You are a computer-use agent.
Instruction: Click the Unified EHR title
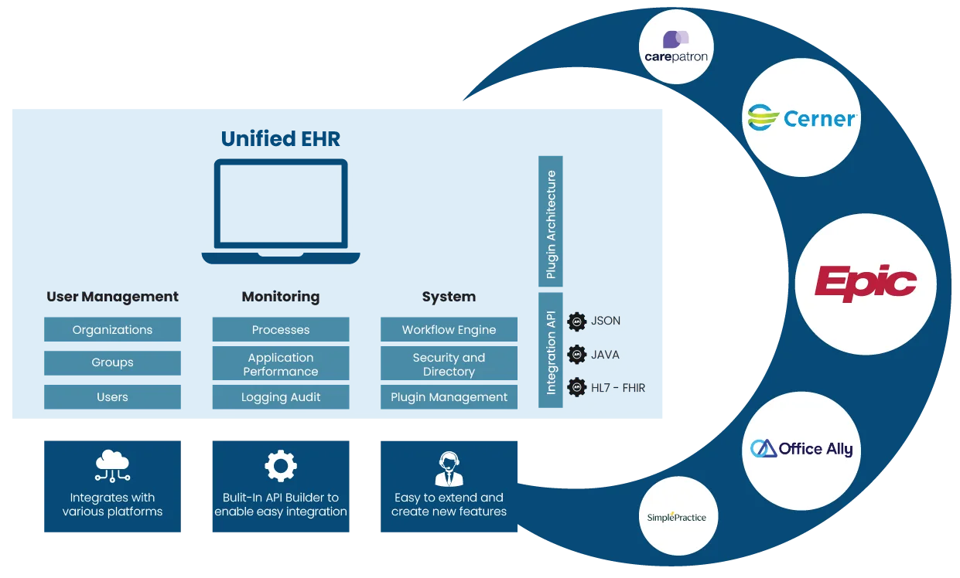pyautogui.click(x=280, y=139)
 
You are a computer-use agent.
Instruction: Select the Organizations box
pyautogui.click(x=112, y=329)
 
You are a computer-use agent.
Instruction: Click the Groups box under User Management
pyautogui.click(x=112, y=362)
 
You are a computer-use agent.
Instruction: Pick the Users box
pyautogui.click(x=112, y=397)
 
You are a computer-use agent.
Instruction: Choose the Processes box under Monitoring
pyautogui.click(x=281, y=329)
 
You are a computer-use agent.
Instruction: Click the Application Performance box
pyautogui.click(x=281, y=364)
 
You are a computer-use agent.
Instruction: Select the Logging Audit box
pyautogui.click(x=281, y=397)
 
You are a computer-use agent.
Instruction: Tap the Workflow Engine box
pyautogui.click(x=449, y=329)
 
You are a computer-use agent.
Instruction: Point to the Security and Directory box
pyautogui.click(x=449, y=364)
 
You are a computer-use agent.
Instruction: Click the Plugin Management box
pyautogui.click(x=449, y=397)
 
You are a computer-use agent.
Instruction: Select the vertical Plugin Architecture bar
pyautogui.click(x=551, y=223)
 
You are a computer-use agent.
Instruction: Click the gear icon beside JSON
pyautogui.click(x=576, y=321)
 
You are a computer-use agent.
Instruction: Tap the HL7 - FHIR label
pyautogui.click(x=617, y=387)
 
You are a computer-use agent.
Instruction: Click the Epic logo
pyautogui.click(x=866, y=284)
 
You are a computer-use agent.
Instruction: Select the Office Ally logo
pyautogui.click(x=801, y=449)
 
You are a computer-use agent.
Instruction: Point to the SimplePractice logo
pyautogui.click(x=676, y=517)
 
